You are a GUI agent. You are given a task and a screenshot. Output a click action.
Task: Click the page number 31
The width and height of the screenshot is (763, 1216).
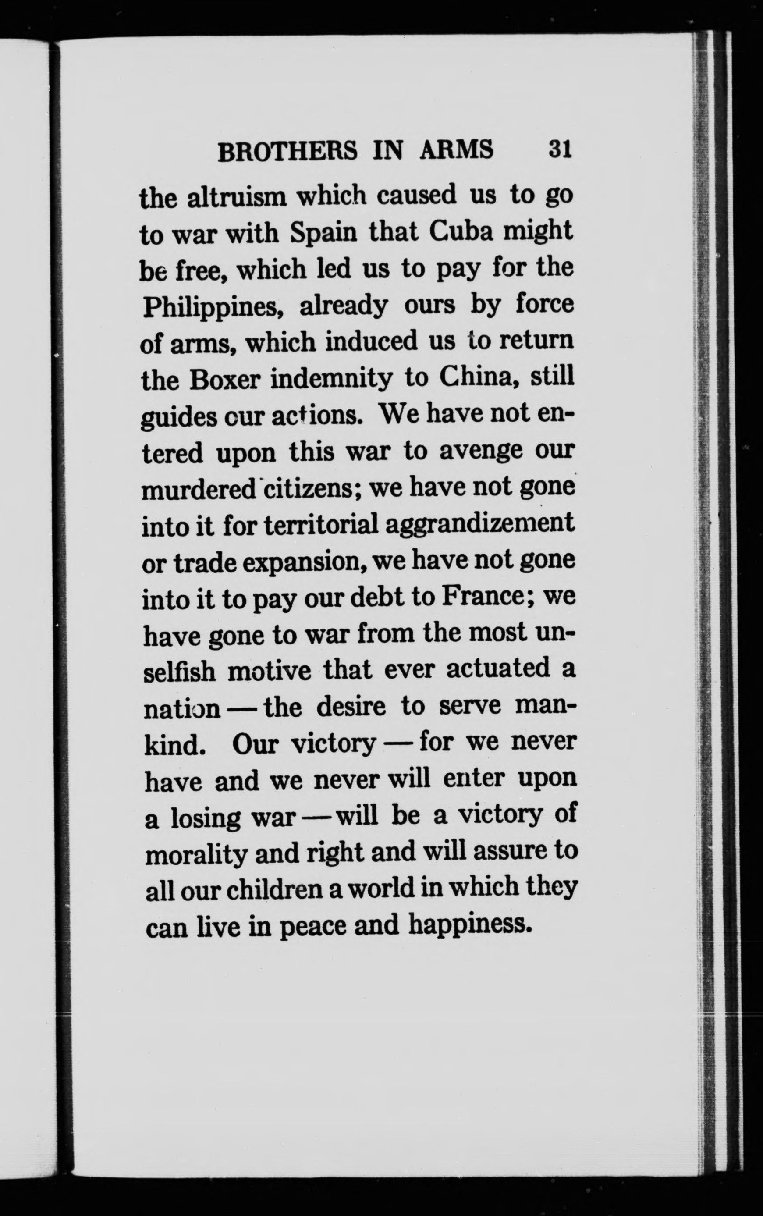pyautogui.click(x=560, y=149)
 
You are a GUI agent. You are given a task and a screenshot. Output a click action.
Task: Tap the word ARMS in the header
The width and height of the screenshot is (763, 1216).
pyautogui.click(x=456, y=150)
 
